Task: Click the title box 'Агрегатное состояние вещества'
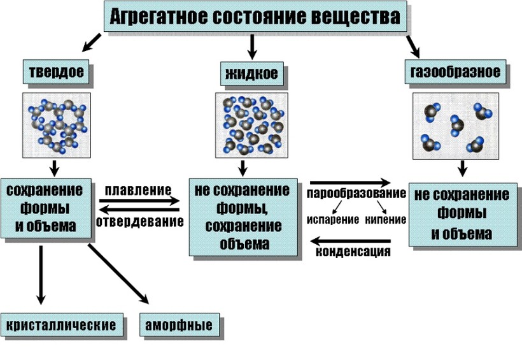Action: pos(255,17)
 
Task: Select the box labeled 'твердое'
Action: pos(56,71)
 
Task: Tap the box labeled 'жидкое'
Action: pos(251,74)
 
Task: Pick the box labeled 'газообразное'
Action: pos(455,71)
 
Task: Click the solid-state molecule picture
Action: pos(57,125)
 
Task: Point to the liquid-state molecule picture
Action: pos(251,125)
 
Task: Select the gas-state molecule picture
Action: pos(456,126)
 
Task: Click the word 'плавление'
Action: pos(138,190)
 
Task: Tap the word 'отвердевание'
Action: pos(140,221)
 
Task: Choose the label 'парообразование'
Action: pos(356,193)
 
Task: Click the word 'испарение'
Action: pos(333,220)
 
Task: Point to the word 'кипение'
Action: pos(386,220)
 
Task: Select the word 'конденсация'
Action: pos(353,251)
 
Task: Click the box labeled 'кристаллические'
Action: pos(62,325)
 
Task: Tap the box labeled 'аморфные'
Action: pos(180,325)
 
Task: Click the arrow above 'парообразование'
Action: pos(350,183)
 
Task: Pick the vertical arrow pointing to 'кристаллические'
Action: pos(41,275)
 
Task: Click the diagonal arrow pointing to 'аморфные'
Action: pos(118,274)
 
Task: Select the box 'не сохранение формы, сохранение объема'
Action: pos(243,217)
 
